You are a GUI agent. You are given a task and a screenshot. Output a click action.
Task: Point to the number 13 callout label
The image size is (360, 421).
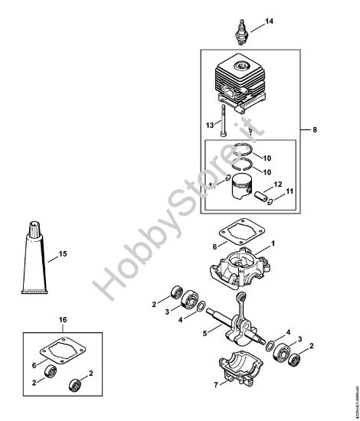point(208,126)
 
